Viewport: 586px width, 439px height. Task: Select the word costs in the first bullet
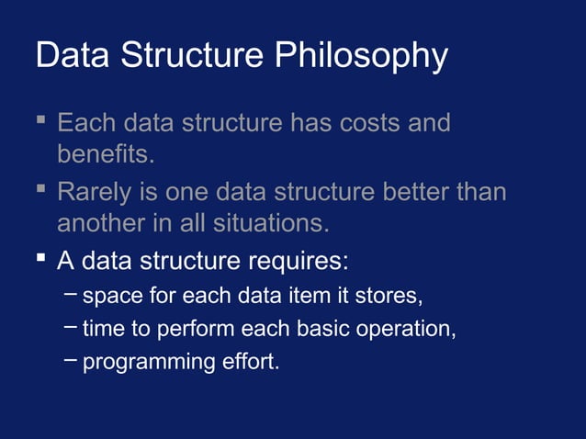pos(365,122)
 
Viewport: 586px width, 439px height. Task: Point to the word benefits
pos(104,153)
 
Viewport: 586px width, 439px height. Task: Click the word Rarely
pos(95,194)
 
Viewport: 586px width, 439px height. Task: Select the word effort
pos(248,361)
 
